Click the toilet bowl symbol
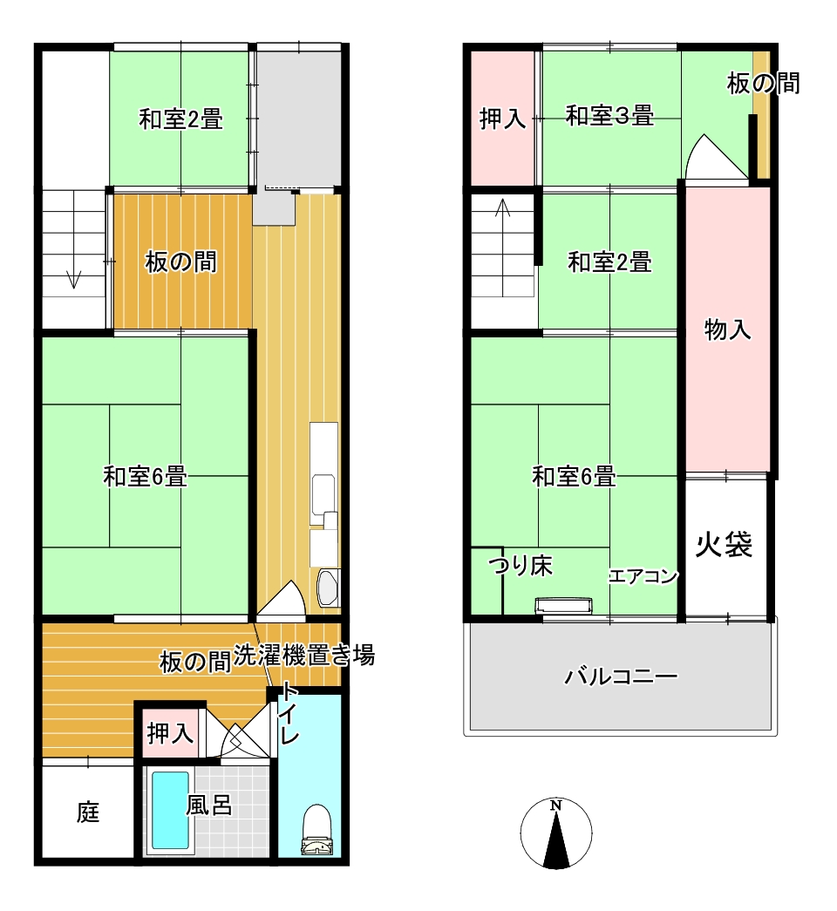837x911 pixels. (x=317, y=830)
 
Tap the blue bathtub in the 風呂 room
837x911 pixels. (x=170, y=810)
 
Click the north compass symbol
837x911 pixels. (x=556, y=833)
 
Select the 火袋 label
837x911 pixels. (x=725, y=544)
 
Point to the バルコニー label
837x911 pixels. (x=621, y=676)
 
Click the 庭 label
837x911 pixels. (x=88, y=812)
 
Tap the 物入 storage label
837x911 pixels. (x=727, y=330)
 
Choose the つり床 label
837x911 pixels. (x=521, y=565)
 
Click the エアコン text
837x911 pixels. (x=643, y=576)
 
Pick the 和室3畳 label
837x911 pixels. (x=609, y=115)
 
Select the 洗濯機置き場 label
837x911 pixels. (x=304, y=656)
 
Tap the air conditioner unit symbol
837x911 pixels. (x=564, y=605)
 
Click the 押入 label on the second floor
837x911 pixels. (x=503, y=119)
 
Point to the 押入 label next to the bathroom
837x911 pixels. (x=170, y=733)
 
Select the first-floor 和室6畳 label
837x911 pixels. (x=146, y=476)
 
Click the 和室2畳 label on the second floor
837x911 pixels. (x=609, y=262)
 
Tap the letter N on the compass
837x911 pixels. (x=556, y=806)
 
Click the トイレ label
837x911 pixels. (x=289, y=714)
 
